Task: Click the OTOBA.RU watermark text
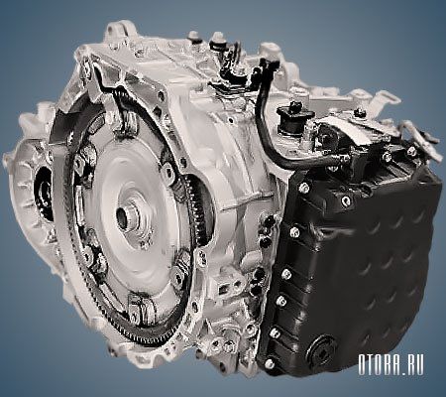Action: [390, 365]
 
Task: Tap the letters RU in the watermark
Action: [414, 365]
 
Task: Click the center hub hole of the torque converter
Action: [123, 218]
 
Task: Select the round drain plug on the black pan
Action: [321, 351]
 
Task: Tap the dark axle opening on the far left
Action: [44, 195]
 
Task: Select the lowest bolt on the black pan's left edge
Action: [269, 363]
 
